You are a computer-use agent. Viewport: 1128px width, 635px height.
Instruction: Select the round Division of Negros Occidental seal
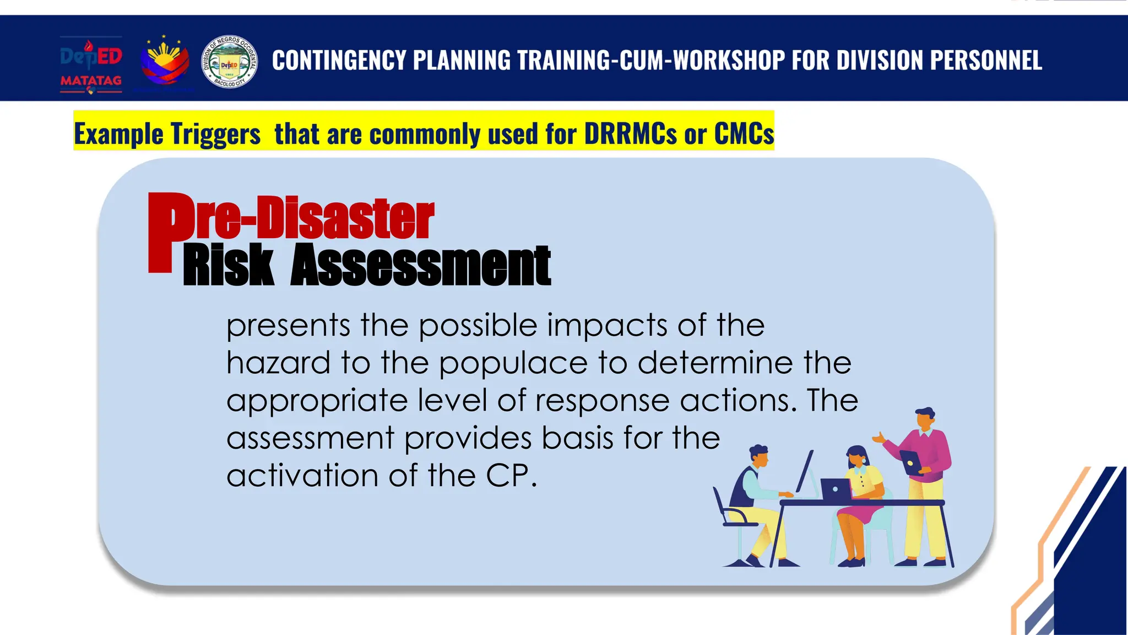click(229, 62)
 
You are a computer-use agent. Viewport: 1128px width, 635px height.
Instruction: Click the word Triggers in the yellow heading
click(215, 134)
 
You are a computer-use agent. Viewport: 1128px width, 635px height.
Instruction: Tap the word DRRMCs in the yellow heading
click(630, 134)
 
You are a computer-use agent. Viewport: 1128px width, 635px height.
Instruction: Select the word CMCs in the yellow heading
click(744, 134)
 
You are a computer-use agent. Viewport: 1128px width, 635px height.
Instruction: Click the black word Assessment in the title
click(421, 266)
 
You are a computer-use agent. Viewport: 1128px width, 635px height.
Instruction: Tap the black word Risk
click(228, 266)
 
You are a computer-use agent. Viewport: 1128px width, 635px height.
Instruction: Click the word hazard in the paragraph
click(278, 363)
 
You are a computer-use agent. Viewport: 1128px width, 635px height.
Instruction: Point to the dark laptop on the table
click(836, 489)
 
